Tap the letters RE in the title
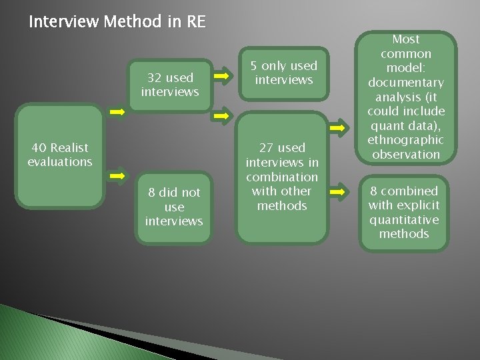coord(196,22)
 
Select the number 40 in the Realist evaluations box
coord(39,147)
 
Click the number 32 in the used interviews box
coord(155,78)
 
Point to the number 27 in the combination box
coord(266,147)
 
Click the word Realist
coord(69,147)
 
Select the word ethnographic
coord(406,140)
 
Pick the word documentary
coord(406,83)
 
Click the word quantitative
coord(403,219)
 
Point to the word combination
coord(282,177)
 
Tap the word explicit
coord(417,205)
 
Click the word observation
coord(406,155)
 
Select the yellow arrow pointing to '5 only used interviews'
coord(223,77)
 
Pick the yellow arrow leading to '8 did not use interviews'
coord(117,176)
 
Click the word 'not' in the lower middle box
coord(191,192)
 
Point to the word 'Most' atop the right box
coord(406,39)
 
